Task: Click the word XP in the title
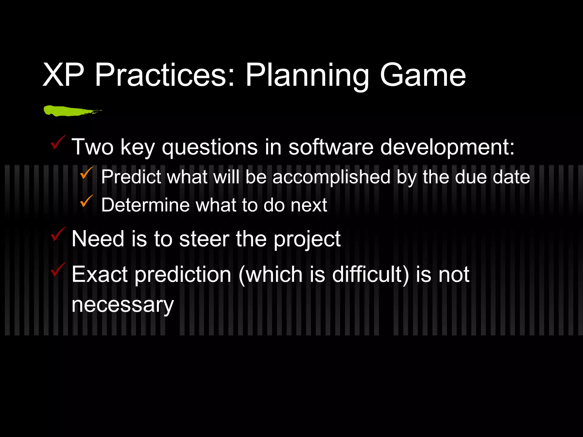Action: point(63,75)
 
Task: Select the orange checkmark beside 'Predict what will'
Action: point(86,173)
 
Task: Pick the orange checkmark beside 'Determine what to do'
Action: point(86,201)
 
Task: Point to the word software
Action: point(331,147)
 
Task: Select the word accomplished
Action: point(331,177)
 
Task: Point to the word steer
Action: point(204,239)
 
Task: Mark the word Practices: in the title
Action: point(165,76)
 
